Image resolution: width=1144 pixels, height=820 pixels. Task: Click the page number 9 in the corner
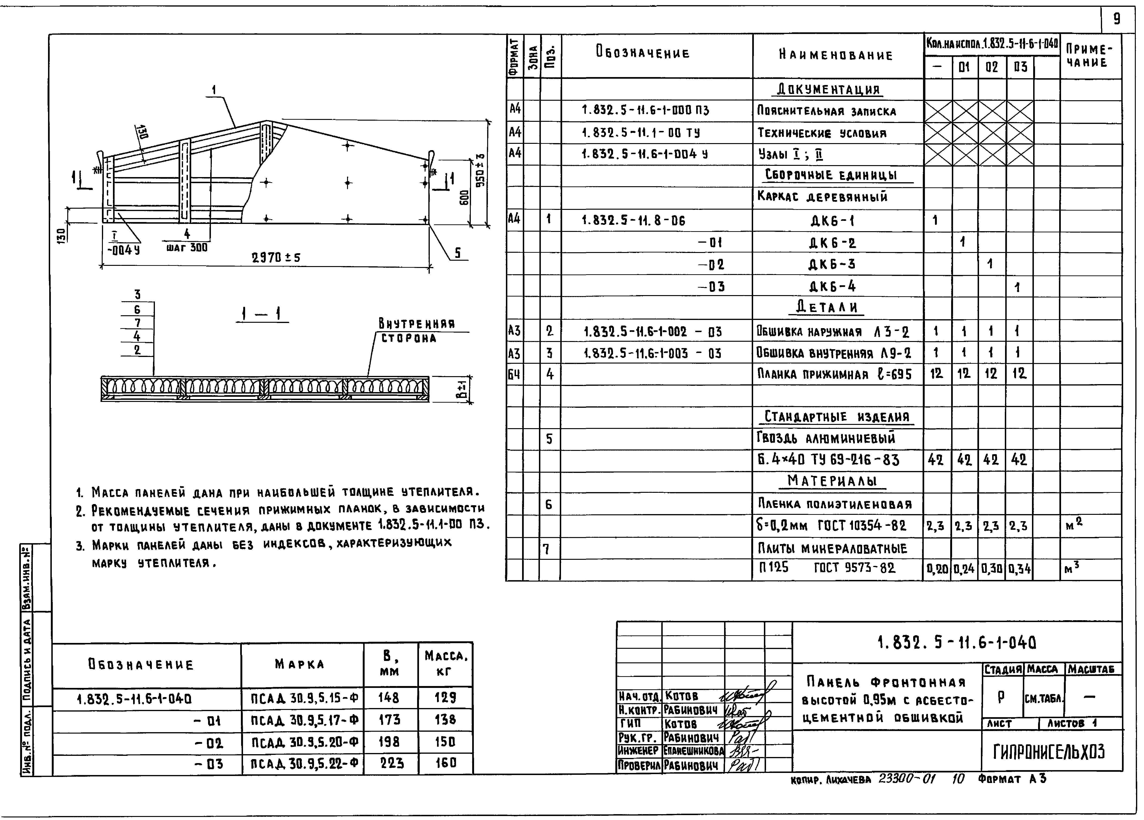[1117, 19]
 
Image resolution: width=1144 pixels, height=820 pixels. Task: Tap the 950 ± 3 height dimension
[481, 171]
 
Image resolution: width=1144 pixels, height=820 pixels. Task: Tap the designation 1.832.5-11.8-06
[634, 220]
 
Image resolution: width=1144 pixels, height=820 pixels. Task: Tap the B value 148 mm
[389, 698]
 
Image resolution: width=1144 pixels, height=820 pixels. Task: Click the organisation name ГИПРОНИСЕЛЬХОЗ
[1049, 752]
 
